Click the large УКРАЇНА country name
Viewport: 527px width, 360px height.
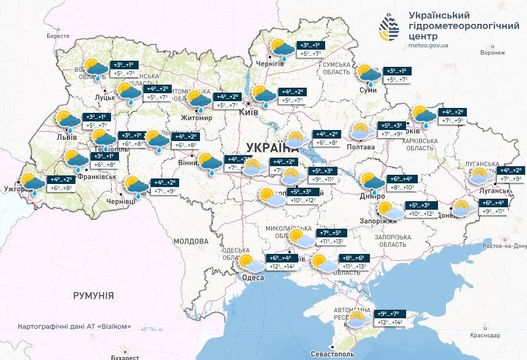271,147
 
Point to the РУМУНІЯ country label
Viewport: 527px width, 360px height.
93,296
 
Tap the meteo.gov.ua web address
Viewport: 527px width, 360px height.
428,45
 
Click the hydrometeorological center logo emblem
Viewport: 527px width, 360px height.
390,28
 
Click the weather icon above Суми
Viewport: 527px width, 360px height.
369,75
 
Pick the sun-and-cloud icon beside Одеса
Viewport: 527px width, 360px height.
250,263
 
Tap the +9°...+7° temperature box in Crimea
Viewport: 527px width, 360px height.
389,313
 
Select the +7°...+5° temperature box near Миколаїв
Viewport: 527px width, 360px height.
332,233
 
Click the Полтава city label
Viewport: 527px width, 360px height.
361,147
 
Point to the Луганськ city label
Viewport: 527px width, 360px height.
509,191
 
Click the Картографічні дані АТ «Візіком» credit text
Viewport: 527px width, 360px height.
74,327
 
